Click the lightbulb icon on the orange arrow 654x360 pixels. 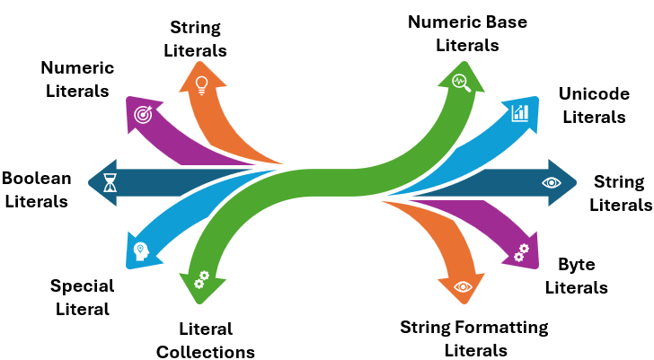201,85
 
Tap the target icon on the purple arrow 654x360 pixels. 142,114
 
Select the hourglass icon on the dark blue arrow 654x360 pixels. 110,183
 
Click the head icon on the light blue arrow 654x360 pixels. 140,251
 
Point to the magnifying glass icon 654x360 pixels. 460,82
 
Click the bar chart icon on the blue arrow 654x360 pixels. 519,112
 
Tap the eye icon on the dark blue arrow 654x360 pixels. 551,182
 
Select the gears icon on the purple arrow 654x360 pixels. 521,252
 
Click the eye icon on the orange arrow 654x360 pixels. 463,286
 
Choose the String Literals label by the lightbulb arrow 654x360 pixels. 195,39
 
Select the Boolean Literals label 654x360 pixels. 37,189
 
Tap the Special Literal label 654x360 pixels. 82,298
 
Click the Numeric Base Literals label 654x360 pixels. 467,33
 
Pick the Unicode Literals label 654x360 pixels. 594,105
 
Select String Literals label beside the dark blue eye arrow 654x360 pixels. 618,193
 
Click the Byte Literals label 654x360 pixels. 583,276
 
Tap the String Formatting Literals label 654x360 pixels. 473,338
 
